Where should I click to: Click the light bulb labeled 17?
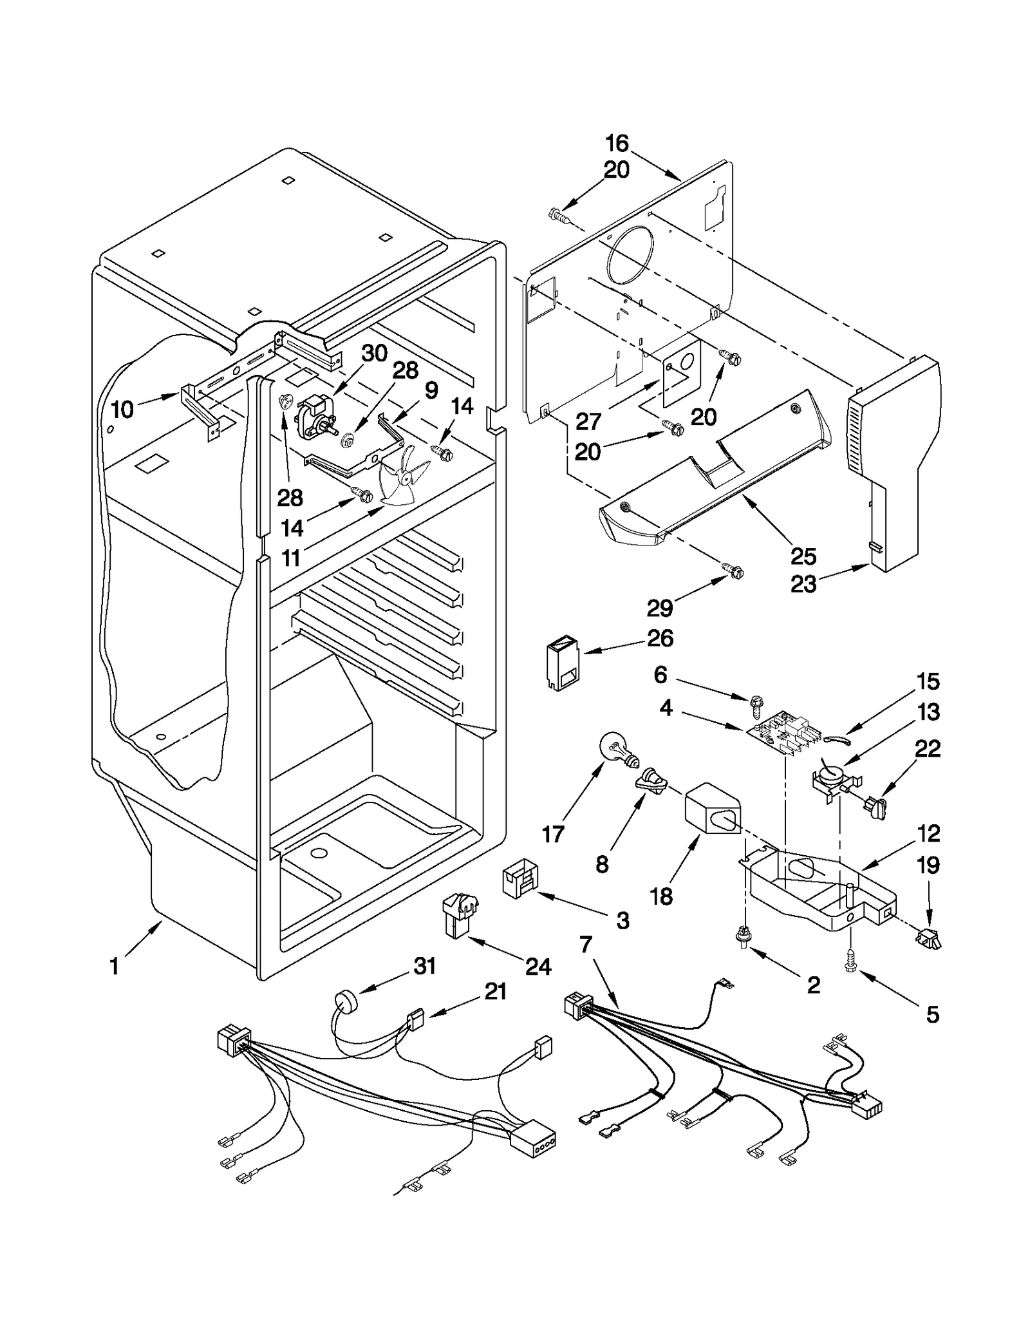pos(615,750)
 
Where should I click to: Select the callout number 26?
pos(660,638)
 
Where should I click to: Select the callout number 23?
pos(803,584)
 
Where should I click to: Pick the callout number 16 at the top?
pos(617,143)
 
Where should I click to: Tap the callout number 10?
pos(122,409)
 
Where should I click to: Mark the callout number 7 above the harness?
pos(585,945)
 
